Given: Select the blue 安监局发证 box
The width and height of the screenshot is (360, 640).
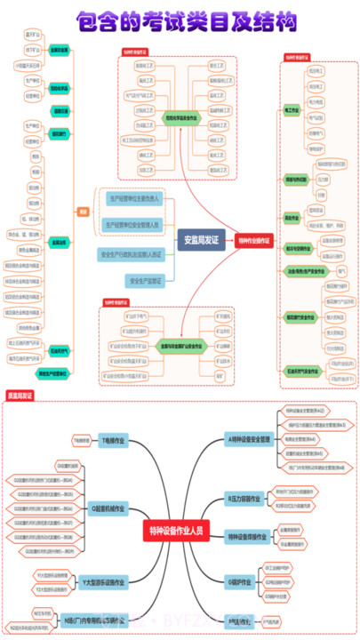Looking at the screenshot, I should click(x=201, y=239).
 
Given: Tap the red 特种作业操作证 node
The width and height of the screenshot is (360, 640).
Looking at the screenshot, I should click(x=255, y=239).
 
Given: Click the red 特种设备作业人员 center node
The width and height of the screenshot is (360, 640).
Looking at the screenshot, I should click(x=175, y=532).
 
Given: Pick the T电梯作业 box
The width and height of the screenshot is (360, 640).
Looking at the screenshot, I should click(x=113, y=440).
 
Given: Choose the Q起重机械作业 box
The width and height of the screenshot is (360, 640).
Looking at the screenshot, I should click(x=108, y=508).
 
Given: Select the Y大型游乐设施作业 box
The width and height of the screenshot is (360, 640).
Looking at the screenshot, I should click(x=104, y=582).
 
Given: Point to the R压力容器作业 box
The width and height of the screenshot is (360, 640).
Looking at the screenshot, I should click(x=245, y=499).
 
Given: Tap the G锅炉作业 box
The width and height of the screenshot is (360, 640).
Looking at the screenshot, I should click(x=241, y=580).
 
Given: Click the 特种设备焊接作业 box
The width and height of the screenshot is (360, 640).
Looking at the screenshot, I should click(x=247, y=536).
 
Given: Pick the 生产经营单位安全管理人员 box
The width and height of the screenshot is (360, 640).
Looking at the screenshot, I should click(x=132, y=226).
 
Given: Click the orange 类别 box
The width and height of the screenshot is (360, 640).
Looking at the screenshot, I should click(x=84, y=212).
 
